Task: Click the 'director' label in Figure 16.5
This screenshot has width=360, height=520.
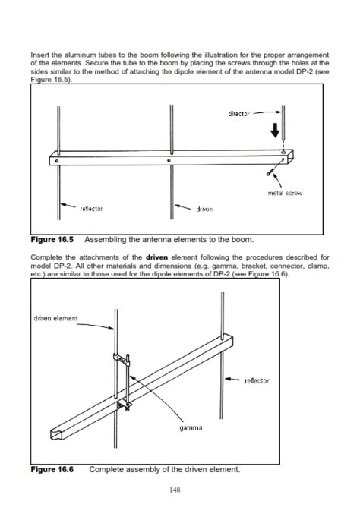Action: (240, 114)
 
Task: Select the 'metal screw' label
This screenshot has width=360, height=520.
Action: (286, 193)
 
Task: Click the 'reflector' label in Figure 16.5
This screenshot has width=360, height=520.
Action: (91, 207)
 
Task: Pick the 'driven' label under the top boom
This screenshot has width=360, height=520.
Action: (204, 207)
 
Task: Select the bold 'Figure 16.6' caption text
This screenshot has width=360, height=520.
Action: (52, 469)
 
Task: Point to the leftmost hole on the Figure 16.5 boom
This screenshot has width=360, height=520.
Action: (57, 162)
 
